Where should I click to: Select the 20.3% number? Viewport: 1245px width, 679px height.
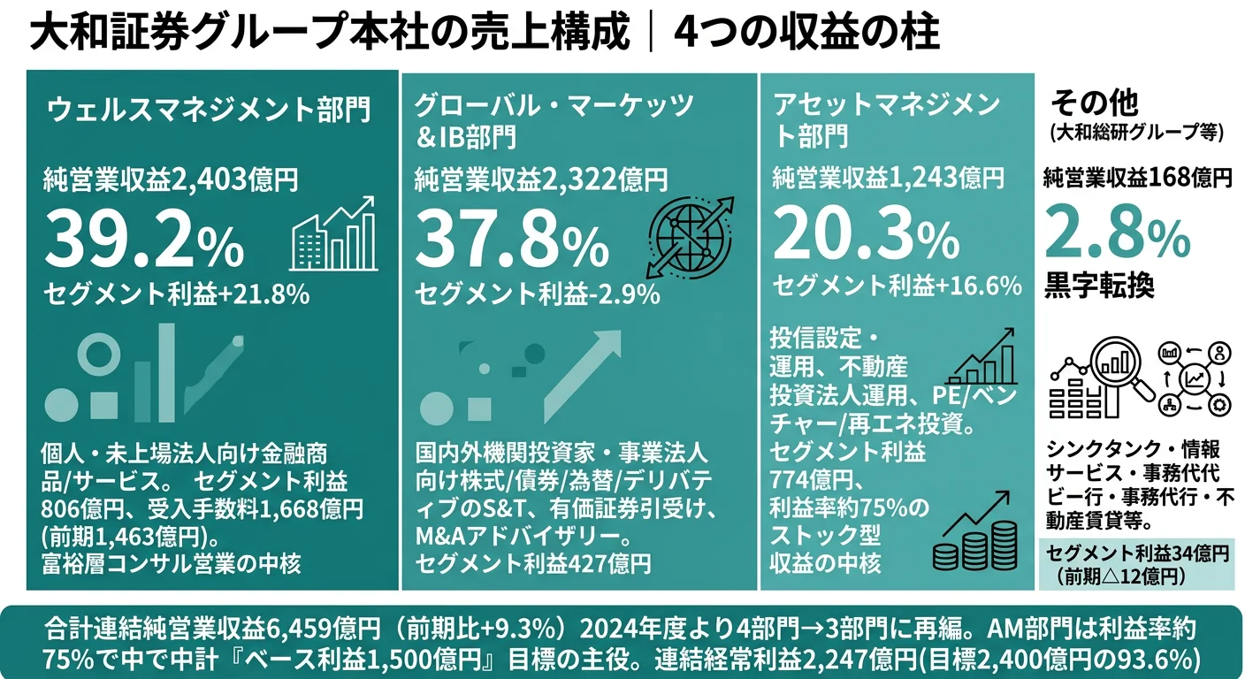[x=866, y=236]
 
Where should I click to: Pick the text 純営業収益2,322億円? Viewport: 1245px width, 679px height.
[x=542, y=181]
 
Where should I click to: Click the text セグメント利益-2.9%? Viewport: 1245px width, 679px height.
[x=538, y=294]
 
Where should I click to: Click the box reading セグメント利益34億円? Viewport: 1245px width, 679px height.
[x=1137, y=564]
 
